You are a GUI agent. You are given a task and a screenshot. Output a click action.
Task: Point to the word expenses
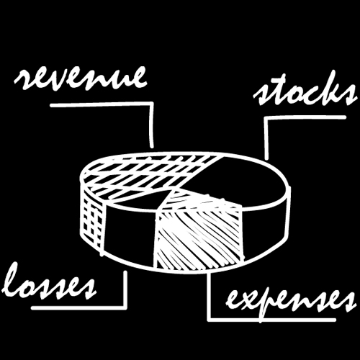pos(291,303)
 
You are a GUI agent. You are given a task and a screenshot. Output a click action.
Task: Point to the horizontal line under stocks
pos(305,117)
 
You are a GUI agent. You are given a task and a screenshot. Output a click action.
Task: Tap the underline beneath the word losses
pos(79,307)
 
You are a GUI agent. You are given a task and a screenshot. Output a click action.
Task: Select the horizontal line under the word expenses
pos(271,320)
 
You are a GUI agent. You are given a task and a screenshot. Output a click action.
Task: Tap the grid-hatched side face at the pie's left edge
pos(92,223)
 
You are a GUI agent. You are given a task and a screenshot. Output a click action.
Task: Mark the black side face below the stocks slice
pos(265,230)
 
